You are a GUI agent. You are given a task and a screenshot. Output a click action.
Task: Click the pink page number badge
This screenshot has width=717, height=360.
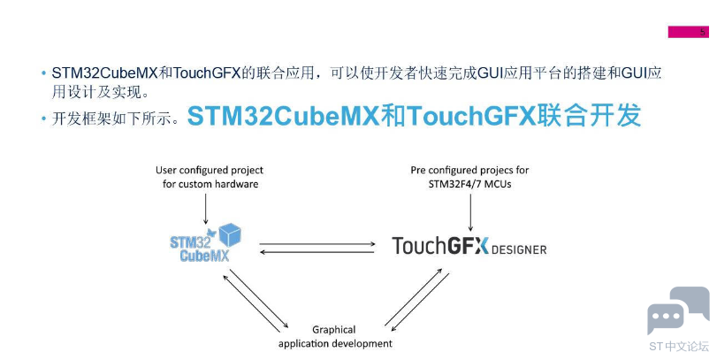point(688,32)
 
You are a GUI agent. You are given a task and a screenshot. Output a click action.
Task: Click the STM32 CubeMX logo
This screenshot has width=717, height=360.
point(205,243)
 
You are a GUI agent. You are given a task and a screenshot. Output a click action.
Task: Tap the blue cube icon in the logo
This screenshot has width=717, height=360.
point(230,234)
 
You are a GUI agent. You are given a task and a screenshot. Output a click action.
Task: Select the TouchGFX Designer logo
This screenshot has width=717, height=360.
point(469,246)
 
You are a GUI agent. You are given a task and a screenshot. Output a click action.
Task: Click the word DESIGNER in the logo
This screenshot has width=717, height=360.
point(519,249)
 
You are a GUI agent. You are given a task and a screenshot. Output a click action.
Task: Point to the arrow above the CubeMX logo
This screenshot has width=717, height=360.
point(205,209)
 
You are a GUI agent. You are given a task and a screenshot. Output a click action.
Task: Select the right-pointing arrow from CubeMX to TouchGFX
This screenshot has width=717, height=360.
point(317,244)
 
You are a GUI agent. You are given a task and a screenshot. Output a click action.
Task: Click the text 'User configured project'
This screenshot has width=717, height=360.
point(210,171)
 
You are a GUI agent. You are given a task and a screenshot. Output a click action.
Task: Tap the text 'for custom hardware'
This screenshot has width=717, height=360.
point(210,184)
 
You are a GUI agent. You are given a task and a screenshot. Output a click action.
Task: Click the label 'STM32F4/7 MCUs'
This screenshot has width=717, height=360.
point(469,184)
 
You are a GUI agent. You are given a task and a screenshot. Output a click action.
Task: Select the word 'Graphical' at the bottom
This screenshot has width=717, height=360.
point(334,330)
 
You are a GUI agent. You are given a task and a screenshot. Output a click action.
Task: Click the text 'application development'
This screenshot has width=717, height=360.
point(335,343)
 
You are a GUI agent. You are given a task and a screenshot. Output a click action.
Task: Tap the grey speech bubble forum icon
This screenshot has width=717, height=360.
point(678,310)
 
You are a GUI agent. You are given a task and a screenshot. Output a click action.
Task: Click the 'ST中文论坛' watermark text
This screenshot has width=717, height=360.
point(679,346)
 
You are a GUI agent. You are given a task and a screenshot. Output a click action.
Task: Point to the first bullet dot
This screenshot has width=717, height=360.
point(43,73)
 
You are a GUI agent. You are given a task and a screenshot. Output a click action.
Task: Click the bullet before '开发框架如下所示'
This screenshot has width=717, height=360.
point(43,119)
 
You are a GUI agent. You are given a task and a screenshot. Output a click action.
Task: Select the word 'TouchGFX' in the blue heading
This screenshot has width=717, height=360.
point(471,116)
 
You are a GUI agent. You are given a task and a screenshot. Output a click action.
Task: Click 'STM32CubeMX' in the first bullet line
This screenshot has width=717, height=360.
point(104,73)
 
